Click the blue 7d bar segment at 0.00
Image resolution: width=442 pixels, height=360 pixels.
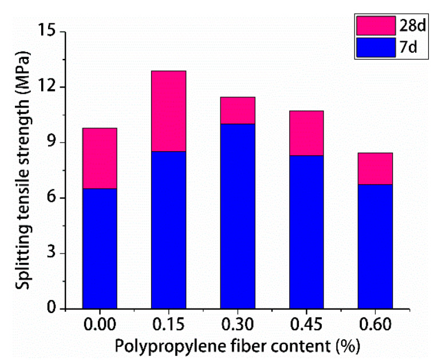click(x=100, y=248)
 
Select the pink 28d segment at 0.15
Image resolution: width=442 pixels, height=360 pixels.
click(x=168, y=110)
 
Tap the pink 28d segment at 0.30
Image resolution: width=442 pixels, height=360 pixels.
click(x=238, y=110)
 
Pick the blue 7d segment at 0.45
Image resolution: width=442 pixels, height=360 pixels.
click(x=306, y=232)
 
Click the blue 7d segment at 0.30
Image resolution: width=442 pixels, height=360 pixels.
click(x=238, y=216)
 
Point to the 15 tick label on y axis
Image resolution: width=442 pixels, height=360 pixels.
click(x=48, y=31)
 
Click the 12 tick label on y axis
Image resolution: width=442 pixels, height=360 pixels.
click(x=48, y=87)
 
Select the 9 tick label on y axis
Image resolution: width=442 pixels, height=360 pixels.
click(x=52, y=143)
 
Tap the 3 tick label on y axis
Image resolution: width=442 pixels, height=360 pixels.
click(x=52, y=254)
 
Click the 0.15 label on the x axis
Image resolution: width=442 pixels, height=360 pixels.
click(x=168, y=326)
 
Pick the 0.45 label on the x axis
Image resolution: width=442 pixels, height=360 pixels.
click(x=306, y=326)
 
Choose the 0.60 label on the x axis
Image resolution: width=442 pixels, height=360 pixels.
click(x=375, y=326)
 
